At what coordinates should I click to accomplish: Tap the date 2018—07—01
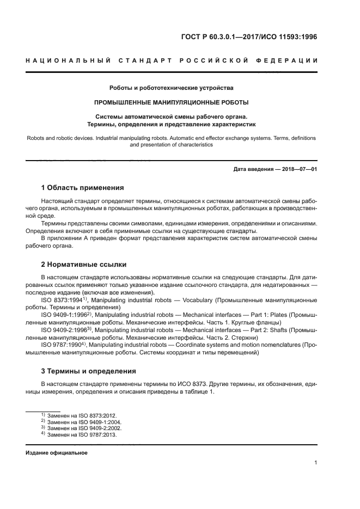coord(297,169)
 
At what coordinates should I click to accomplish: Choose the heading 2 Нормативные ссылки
coord(84,265)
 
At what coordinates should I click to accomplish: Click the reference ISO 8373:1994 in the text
coord(62,300)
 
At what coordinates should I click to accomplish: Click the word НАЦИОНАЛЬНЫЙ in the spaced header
coord(65,60)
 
